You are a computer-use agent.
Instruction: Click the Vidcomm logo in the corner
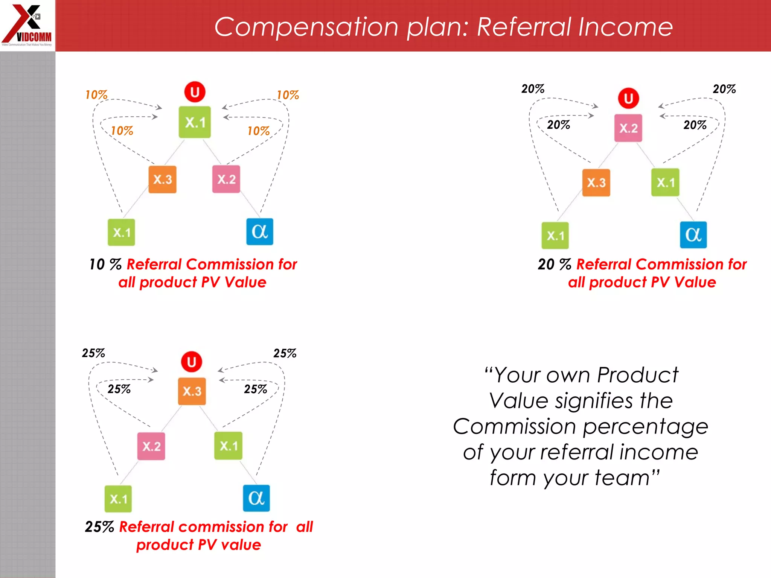click(27, 25)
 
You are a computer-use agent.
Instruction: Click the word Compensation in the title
click(306, 27)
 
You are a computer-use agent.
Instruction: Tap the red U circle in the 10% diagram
click(195, 92)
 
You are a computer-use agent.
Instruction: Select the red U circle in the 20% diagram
click(628, 98)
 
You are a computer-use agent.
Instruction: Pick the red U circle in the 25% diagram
click(191, 362)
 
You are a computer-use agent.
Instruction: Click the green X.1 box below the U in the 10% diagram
click(195, 122)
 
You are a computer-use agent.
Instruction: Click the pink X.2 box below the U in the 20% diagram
click(628, 128)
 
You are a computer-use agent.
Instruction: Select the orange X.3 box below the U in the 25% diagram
click(192, 391)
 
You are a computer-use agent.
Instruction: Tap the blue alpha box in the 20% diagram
click(693, 235)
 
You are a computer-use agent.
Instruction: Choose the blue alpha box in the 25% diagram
click(256, 498)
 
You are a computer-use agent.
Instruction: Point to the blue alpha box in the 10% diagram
click(260, 232)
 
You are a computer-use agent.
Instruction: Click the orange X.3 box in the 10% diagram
click(162, 179)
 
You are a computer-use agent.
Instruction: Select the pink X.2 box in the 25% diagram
click(151, 446)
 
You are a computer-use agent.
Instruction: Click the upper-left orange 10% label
click(96, 94)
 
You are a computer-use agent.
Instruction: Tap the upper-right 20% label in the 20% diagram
click(724, 89)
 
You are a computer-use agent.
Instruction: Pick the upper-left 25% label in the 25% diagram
click(93, 353)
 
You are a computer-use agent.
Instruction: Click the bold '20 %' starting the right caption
click(554, 264)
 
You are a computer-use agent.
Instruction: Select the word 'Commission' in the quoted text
click(514, 427)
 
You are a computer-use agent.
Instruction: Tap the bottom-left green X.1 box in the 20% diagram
click(555, 236)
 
